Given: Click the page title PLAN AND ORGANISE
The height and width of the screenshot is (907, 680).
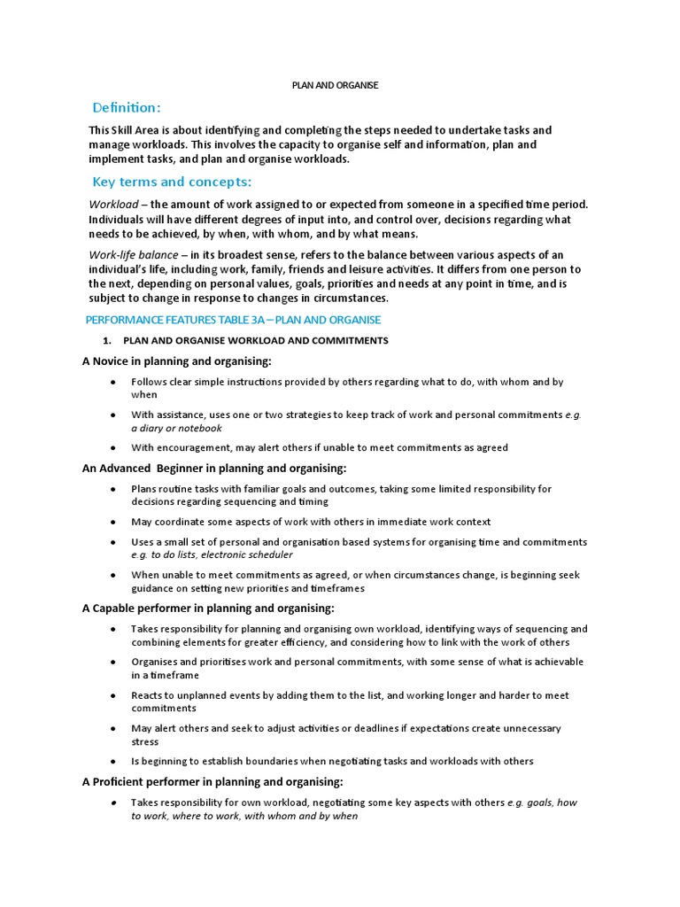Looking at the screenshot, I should coord(335,85).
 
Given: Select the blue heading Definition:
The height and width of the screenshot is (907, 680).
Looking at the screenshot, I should coord(127,108).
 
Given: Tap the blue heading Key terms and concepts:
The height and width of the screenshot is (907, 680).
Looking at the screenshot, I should coord(172,182).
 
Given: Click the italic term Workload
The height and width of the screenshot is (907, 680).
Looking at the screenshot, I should coord(113,205).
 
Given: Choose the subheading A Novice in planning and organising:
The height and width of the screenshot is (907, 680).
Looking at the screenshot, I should coord(176,360).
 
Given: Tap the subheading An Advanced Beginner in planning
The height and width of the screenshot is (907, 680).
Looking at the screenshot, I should coord(213,468).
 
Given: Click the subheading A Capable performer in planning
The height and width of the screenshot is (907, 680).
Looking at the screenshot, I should coord(208,608).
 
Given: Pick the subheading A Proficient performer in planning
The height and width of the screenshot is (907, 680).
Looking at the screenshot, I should coord(212,781).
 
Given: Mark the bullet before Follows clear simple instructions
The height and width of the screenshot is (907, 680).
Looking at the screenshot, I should coord(113,382).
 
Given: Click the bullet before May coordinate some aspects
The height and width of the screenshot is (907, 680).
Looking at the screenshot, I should coord(113,522).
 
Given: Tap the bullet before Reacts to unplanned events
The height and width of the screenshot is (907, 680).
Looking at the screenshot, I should coord(113,695).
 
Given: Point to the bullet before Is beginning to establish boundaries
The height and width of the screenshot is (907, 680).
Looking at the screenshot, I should coord(113,761).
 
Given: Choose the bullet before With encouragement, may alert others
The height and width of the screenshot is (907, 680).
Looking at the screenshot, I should coord(113,447).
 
